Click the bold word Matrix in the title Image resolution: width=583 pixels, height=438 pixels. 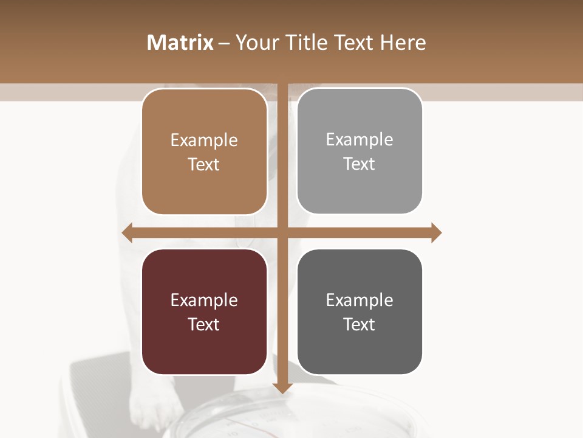coord(180,43)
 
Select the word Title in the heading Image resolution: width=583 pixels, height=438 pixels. coord(306,43)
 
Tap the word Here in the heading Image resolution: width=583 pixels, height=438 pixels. coord(403,43)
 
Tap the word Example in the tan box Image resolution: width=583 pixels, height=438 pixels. coord(204,141)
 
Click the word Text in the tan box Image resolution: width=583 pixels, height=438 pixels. coord(204,164)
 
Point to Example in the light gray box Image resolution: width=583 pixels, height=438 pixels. coord(360,140)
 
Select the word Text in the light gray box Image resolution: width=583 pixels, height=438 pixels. coord(360,164)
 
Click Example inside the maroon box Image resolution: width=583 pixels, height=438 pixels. coord(204,300)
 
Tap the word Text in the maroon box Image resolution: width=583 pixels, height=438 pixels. coord(204,324)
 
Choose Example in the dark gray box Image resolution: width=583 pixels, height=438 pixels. coord(360,300)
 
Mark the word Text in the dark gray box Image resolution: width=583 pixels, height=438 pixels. coord(360,324)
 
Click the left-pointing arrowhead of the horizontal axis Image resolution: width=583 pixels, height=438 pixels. coord(128,232)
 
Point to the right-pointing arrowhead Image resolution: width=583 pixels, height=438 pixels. coord(436,232)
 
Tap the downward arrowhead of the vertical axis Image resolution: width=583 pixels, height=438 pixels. coord(282,388)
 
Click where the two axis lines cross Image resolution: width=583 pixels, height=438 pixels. coord(282,232)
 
